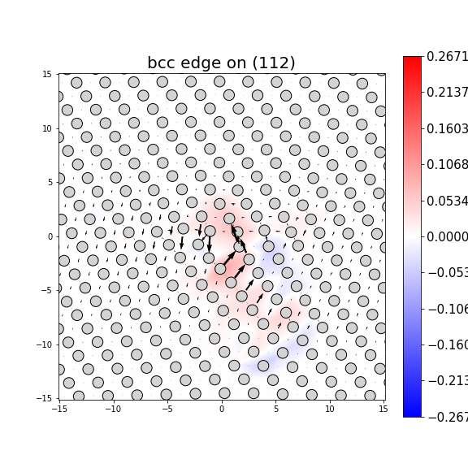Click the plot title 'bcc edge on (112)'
221,63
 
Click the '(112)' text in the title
274,63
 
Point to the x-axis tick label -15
58,409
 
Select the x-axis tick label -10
112,409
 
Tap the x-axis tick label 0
221,409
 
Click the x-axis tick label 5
275,409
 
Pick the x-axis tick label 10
330,409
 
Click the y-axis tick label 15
47,74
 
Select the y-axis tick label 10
47,128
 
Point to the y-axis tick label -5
47,290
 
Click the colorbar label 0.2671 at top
447,56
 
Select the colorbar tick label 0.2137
447,93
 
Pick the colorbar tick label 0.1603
447,128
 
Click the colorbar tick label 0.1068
447,165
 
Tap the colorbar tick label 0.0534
447,201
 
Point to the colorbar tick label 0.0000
447,236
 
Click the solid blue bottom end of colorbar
412,413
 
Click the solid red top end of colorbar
412,60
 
